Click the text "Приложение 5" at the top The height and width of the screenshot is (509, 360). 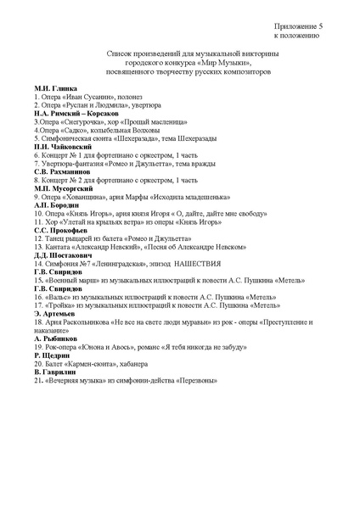tap(298, 28)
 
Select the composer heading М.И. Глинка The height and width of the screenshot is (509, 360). tap(56, 89)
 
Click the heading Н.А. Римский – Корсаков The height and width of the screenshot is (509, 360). tap(76, 114)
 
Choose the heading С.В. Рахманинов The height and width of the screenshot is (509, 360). tap(63, 171)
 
